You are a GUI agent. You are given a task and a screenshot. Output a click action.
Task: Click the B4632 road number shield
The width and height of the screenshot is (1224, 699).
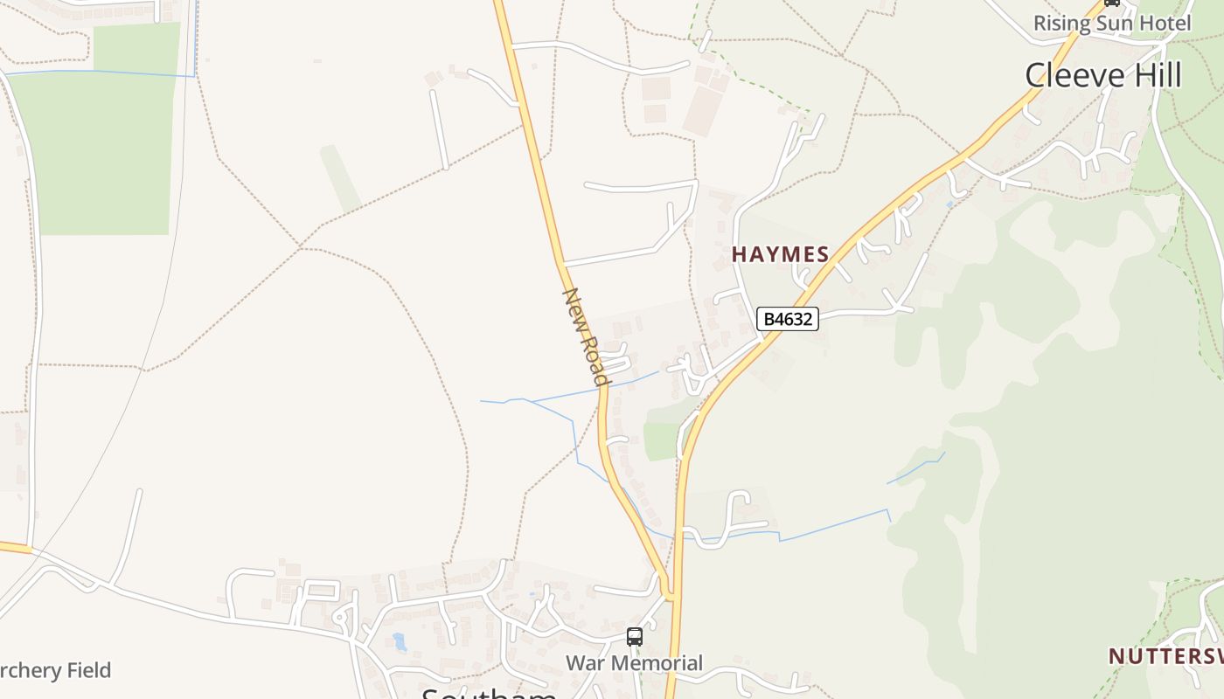click(788, 319)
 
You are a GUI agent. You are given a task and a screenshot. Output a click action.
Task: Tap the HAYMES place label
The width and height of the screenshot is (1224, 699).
click(780, 254)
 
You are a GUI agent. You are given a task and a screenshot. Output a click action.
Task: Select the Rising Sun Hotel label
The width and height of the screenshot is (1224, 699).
click(1111, 24)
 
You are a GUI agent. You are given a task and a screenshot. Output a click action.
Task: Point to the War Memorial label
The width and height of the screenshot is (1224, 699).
click(634, 663)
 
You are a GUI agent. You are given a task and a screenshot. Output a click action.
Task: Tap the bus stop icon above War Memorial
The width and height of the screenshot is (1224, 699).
click(635, 637)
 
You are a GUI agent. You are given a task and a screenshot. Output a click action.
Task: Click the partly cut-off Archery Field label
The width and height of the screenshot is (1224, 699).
click(55, 671)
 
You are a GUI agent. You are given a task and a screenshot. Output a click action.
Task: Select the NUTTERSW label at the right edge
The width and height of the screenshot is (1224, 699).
click(1165, 656)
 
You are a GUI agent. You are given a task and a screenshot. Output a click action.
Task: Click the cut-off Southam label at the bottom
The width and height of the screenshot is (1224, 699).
click(489, 694)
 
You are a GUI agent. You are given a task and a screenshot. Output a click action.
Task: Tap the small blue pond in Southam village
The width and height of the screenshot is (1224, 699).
click(400, 642)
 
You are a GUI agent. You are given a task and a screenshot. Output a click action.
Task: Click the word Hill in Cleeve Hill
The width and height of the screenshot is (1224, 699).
click(1151, 75)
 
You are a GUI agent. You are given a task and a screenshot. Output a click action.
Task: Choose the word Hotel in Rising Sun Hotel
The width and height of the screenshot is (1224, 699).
click(1164, 24)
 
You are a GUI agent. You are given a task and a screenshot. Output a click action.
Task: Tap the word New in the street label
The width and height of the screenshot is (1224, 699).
click(574, 306)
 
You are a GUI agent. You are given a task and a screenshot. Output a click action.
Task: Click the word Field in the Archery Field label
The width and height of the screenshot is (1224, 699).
click(86, 671)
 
